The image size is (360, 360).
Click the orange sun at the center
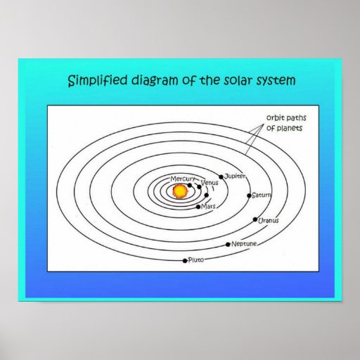(180, 191)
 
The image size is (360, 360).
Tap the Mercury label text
(183, 179)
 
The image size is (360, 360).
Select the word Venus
(210, 183)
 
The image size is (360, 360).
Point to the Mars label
(208, 207)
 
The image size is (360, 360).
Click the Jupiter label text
(235, 176)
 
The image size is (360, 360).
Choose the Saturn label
(262, 195)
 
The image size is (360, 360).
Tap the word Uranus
(269, 221)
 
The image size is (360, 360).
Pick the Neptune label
(244, 244)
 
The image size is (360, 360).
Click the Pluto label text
(196, 259)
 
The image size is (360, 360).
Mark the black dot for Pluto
(185, 261)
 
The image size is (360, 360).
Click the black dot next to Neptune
(228, 245)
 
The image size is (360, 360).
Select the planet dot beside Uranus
(255, 219)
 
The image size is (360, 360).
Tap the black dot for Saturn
(249, 195)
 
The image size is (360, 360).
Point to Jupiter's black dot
(221, 176)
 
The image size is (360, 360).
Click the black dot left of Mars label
(198, 207)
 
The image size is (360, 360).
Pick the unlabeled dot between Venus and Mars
(206, 195)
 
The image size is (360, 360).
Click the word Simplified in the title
(98, 81)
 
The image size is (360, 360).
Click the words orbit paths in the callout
(286, 117)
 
